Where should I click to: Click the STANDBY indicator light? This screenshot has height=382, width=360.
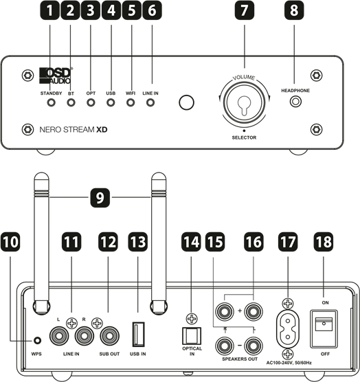(51, 102)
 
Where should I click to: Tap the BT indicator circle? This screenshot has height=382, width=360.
(71, 102)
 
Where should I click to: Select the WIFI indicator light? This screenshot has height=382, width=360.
(131, 102)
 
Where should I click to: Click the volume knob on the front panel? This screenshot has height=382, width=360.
(244, 102)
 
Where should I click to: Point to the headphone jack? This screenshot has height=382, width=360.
(295, 102)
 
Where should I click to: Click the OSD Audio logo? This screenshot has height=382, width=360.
(56, 76)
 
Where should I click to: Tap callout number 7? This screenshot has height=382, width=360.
(245, 10)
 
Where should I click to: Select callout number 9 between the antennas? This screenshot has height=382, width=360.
(100, 198)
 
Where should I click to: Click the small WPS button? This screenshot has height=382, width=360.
(37, 340)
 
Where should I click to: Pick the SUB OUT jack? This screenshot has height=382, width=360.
(109, 336)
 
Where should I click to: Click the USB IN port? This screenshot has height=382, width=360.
(138, 334)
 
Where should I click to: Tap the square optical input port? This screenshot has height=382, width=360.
(192, 336)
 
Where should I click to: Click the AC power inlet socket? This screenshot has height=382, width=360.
(288, 329)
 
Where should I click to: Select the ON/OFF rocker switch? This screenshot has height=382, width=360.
(324, 329)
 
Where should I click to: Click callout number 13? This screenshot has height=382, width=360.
(138, 242)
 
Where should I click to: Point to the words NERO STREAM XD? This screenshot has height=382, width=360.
(74, 130)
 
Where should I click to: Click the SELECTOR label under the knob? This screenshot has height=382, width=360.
(244, 137)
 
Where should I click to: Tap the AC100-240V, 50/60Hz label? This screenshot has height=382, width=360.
(289, 363)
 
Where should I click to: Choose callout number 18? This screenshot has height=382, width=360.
(324, 242)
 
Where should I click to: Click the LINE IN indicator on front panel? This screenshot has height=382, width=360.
(150, 102)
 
